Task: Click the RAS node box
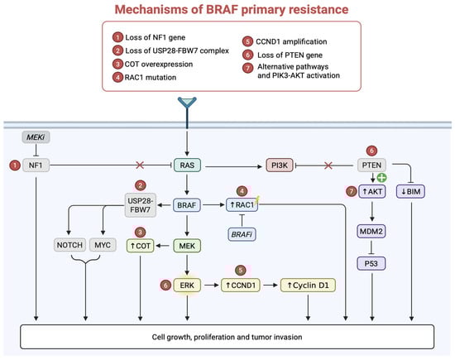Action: click(x=187, y=166)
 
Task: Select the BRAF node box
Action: click(x=187, y=205)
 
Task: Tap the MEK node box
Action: click(x=187, y=246)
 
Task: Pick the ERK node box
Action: click(x=187, y=285)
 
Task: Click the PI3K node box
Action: click(x=280, y=166)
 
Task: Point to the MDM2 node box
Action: click(x=371, y=232)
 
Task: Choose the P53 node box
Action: click(x=371, y=264)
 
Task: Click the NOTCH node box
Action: click(x=69, y=245)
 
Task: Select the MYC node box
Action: click(x=103, y=245)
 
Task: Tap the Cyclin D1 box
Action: click(x=308, y=285)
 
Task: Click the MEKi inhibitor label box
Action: click(x=36, y=137)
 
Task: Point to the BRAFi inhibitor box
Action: click(x=242, y=234)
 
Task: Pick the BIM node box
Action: click(x=410, y=192)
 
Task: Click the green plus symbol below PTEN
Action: click(x=381, y=177)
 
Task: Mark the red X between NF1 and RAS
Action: click(x=140, y=166)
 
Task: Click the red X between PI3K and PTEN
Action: click(x=328, y=166)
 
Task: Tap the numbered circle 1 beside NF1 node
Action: click(x=15, y=166)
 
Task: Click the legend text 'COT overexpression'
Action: click(x=159, y=65)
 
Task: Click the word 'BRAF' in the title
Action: click(x=222, y=10)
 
